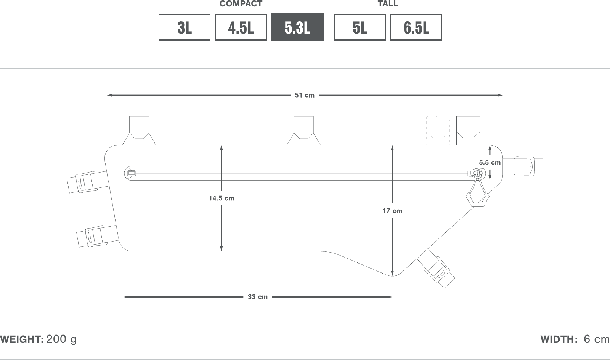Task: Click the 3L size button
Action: coord(185,27)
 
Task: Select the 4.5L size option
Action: coord(241,27)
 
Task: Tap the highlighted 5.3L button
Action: coord(297,27)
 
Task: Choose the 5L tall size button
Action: coord(360,27)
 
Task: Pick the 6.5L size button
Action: coord(416,27)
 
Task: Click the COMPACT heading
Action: coord(241,3)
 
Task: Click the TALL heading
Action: coord(388,3)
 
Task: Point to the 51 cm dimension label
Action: coord(305,95)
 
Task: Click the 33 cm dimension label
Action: coord(258,297)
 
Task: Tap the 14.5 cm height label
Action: coord(222,198)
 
